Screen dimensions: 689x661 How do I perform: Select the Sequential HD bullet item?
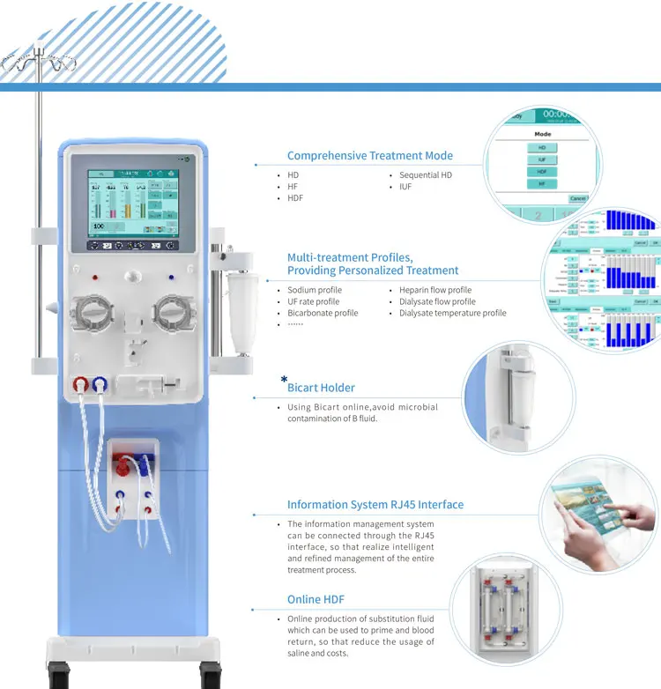425,175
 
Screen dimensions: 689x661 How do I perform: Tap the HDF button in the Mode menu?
542,172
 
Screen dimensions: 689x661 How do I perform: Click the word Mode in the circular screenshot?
543,134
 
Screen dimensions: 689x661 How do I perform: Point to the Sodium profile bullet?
315,290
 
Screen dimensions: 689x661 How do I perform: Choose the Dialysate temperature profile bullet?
452,313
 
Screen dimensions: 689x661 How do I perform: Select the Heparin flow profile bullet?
434,290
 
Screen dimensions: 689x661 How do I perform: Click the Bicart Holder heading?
321,388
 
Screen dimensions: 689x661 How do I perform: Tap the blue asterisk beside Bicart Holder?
284,380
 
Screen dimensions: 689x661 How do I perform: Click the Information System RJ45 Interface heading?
375,505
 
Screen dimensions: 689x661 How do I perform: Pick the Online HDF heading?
316,599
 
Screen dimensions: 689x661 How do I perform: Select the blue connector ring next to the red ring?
100,384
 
